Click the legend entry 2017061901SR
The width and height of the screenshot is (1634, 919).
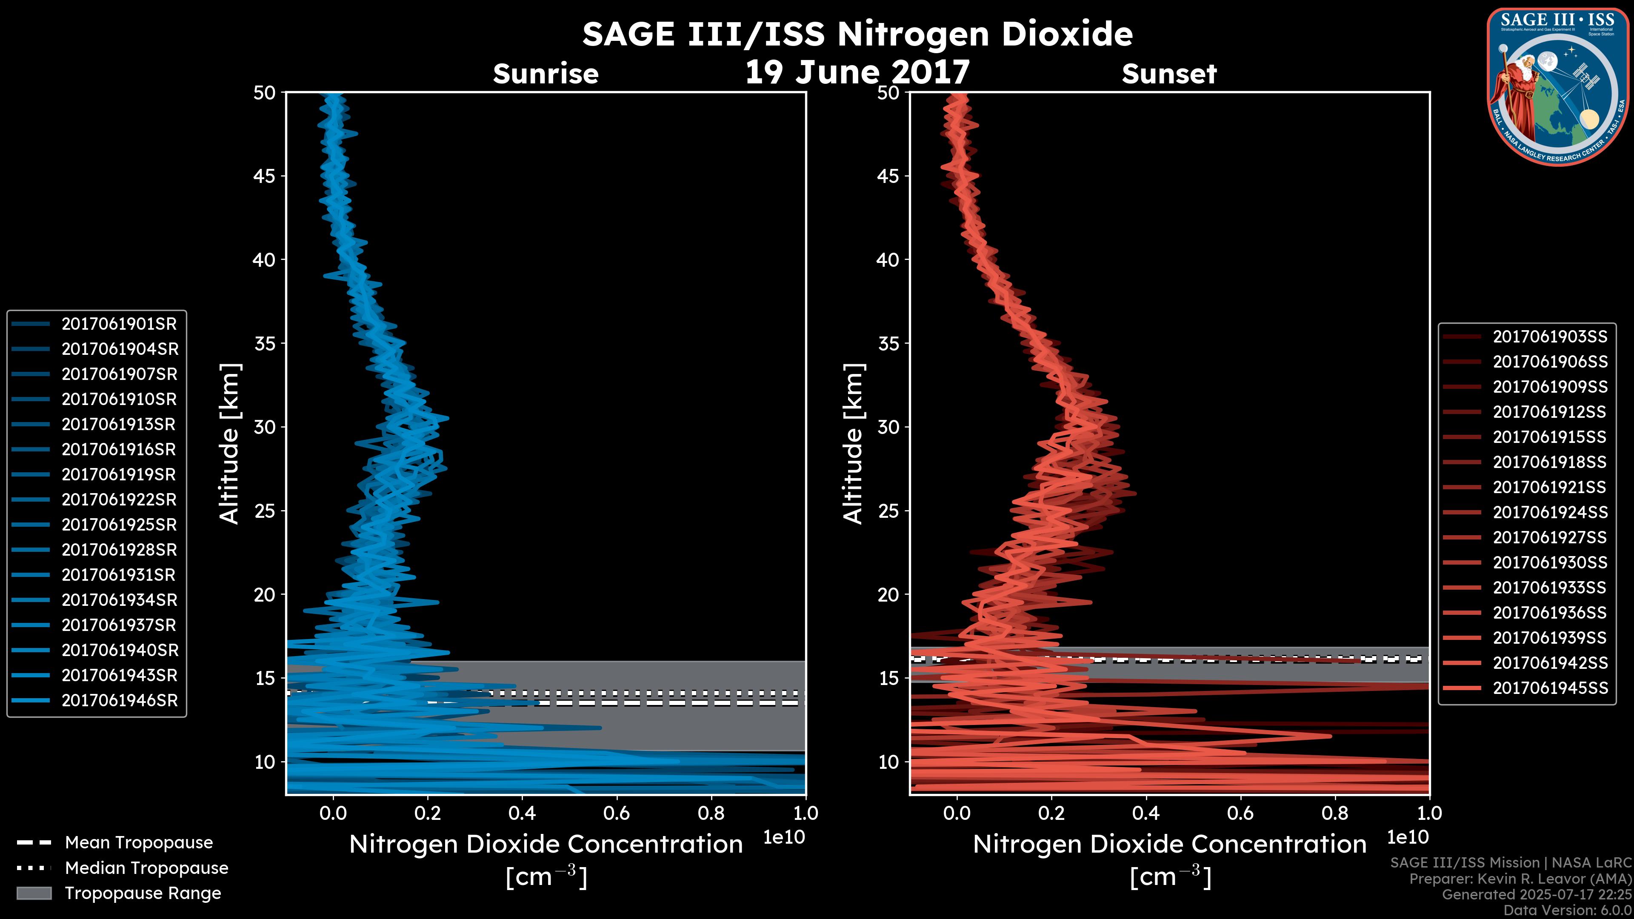coord(119,324)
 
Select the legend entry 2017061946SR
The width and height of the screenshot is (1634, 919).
coord(119,701)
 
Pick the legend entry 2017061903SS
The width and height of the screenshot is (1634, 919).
coord(1550,337)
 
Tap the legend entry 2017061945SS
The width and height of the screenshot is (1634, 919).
coord(1550,688)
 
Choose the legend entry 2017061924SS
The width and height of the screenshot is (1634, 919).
coord(1550,512)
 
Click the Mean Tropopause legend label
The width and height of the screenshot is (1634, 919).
coord(138,843)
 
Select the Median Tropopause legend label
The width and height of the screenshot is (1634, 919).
coord(146,868)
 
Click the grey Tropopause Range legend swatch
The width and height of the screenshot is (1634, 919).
coord(34,893)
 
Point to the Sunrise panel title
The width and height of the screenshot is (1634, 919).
coord(546,74)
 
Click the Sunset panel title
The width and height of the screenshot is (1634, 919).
coord(1169,74)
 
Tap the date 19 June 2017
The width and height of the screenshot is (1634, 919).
coord(857,72)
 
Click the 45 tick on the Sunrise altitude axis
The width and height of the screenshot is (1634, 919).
coord(265,176)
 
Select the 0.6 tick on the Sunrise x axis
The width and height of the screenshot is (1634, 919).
coord(617,813)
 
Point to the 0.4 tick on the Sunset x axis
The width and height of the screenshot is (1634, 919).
coord(1146,813)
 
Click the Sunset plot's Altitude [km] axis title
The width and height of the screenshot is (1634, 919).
coord(854,444)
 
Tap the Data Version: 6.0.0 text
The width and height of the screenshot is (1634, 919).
coord(1568,911)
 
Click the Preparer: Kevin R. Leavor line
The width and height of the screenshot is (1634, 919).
coord(1520,879)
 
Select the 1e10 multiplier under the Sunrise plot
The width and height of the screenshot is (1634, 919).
coord(784,837)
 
